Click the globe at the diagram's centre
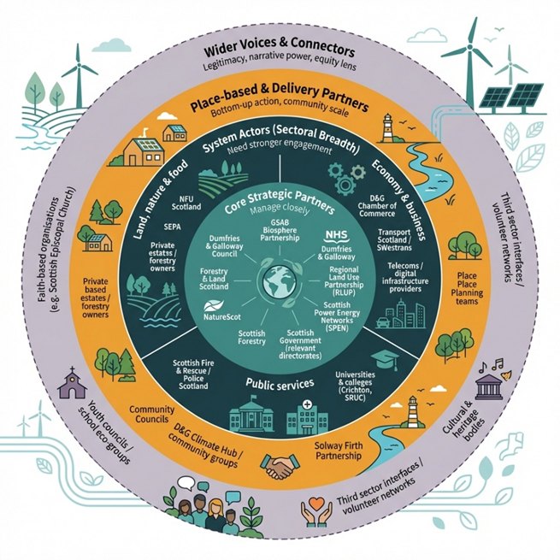(280, 282)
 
